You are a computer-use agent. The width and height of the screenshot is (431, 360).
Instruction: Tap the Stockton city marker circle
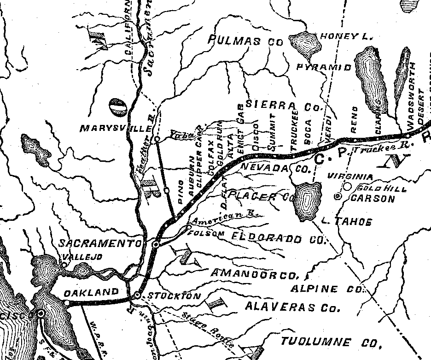point(137,295)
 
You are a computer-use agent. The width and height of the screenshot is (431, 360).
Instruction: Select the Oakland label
point(91,292)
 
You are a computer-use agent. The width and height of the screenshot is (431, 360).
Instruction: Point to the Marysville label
point(116,128)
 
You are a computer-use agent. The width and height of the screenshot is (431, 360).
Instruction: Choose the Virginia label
point(349,177)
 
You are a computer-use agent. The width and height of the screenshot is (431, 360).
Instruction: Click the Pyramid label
point(324,67)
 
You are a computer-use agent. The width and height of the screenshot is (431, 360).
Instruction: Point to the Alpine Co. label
point(328,289)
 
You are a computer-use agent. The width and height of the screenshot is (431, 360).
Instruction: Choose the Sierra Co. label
point(282,105)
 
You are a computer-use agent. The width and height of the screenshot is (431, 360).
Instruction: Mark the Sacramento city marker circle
point(156,244)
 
